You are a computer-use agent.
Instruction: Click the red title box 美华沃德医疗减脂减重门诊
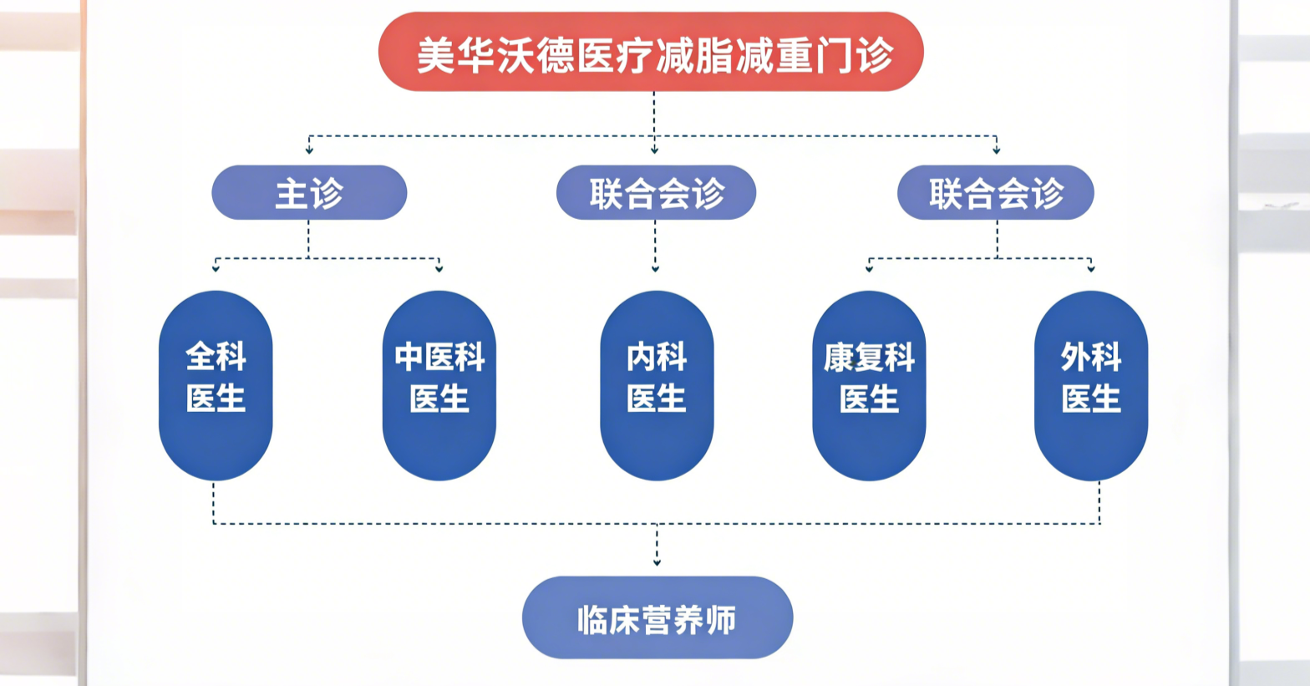click(x=651, y=52)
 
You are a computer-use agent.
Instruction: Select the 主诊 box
click(x=309, y=193)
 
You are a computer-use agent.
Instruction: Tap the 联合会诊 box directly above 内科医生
click(x=656, y=193)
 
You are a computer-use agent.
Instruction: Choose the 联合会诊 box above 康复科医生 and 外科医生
click(x=995, y=193)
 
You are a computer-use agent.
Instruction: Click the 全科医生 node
click(x=216, y=385)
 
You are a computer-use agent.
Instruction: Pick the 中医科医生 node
click(x=439, y=385)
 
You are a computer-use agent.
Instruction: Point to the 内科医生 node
click(x=657, y=385)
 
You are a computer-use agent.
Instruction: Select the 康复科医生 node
click(x=869, y=385)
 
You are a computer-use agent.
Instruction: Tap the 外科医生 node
click(x=1091, y=385)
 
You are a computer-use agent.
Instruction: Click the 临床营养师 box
click(x=658, y=618)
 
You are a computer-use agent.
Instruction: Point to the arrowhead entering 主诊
click(x=309, y=150)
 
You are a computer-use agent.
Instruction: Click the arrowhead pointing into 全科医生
click(x=216, y=268)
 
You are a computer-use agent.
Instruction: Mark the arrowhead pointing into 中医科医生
click(x=439, y=268)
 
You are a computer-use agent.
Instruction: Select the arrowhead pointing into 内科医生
click(x=655, y=268)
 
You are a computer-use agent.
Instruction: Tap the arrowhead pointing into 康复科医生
click(x=869, y=268)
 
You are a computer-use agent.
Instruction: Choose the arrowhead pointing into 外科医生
click(x=1091, y=268)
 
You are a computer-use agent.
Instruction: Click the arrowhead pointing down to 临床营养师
click(x=657, y=562)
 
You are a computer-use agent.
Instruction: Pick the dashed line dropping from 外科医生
click(x=1099, y=502)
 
